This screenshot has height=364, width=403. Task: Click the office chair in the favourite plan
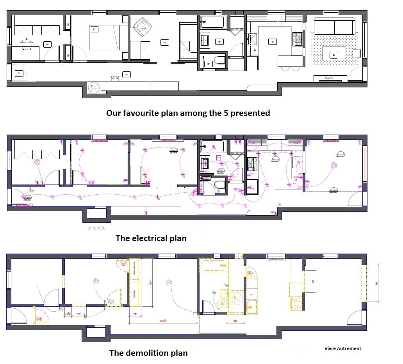tap(27, 44)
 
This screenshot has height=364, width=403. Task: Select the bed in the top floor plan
tap(108, 37)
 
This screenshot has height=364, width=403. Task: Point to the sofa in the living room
tap(334, 26)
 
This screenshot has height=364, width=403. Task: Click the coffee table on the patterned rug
tap(333, 53)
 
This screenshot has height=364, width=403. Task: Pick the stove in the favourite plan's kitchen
tap(297, 38)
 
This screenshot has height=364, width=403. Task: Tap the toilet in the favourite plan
tap(221, 61)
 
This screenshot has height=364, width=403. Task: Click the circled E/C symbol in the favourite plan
tap(94, 88)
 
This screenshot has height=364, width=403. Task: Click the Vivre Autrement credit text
tap(342, 348)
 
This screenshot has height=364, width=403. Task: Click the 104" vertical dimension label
tap(150, 282)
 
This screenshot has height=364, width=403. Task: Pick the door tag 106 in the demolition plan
tap(39, 319)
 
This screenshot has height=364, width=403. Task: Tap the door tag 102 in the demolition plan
tap(111, 301)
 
